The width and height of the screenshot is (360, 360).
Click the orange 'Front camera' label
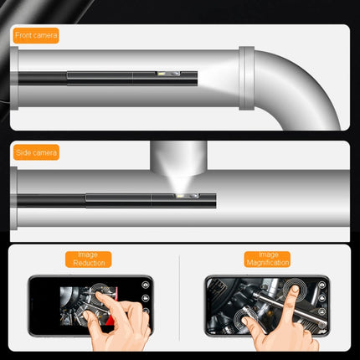pos(35,36)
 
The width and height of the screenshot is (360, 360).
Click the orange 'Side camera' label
pos(34,153)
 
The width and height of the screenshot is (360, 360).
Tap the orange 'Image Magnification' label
pos(268,259)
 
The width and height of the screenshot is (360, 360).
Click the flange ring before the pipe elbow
pos(247,80)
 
